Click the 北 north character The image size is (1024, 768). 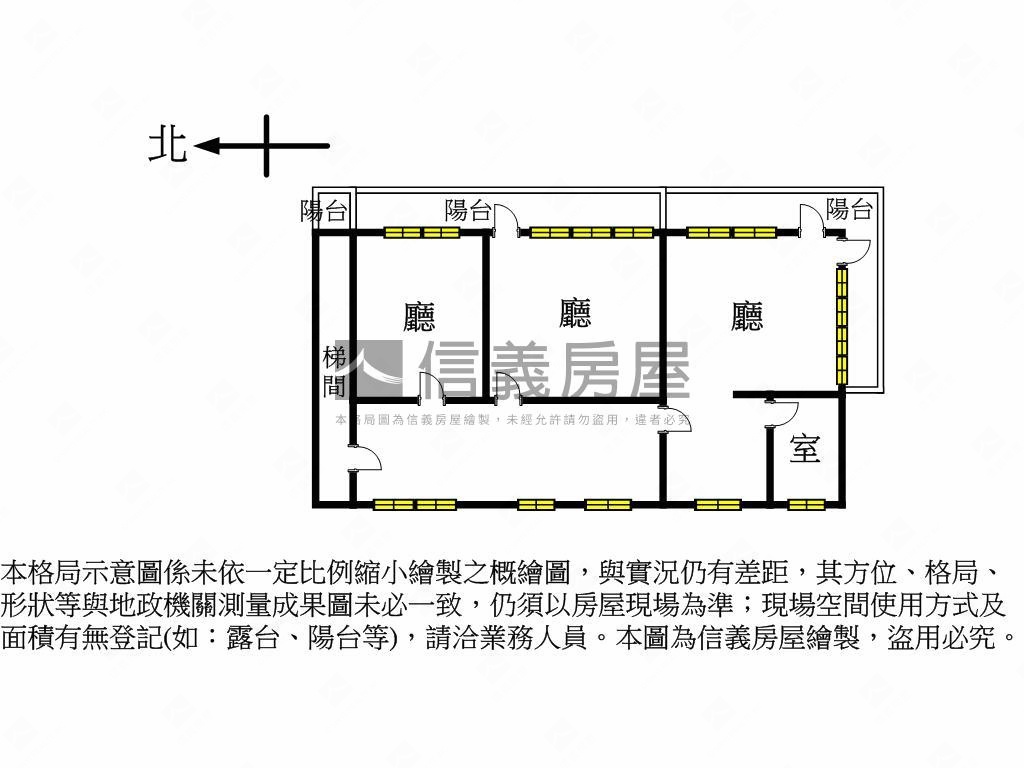tap(168, 145)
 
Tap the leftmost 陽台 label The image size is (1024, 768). tap(325, 211)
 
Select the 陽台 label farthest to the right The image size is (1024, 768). tap(849, 209)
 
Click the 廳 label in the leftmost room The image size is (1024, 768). tap(419, 317)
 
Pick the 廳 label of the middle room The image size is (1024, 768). tap(575, 313)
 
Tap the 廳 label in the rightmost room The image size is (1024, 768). tap(747, 317)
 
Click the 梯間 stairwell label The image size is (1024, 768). tap(334, 372)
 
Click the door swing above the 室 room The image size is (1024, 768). tap(783, 412)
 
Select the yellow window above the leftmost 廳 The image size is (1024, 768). tap(421, 233)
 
